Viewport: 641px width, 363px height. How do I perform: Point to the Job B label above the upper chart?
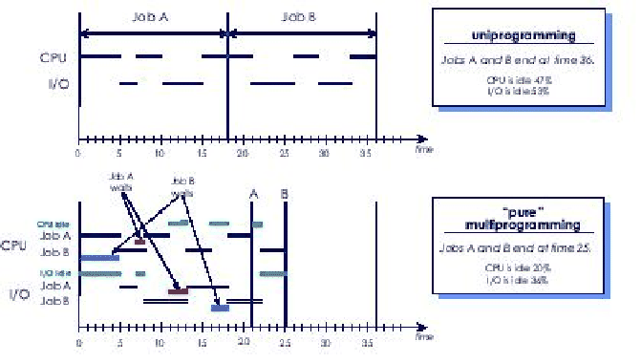point(303,18)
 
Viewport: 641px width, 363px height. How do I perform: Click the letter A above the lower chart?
point(253,194)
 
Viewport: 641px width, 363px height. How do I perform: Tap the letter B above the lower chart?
point(284,194)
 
